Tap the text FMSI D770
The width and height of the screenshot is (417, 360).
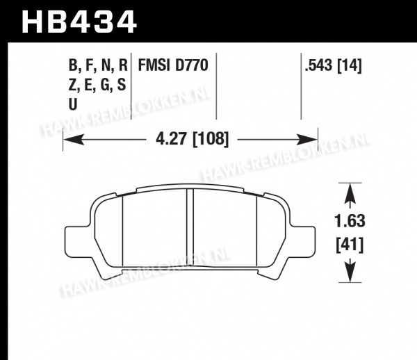coord(173,65)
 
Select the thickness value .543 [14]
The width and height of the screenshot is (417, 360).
coord(333,65)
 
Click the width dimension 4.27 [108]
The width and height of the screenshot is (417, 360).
coord(192,139)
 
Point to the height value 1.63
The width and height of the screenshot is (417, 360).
coord(350,221)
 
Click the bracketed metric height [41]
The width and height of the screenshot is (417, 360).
coord(350,245)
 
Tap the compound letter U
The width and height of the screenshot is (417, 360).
coord(72,104)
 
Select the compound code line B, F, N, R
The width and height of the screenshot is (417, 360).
coord(98,65)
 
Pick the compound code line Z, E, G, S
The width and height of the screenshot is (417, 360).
coord(97,85)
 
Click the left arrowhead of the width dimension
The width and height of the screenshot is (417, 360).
coord(74,139)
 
